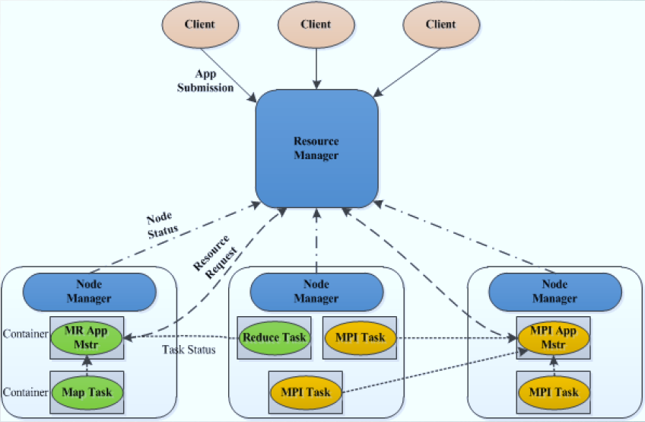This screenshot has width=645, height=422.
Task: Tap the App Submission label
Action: pyautogui.click(x=205, y=81)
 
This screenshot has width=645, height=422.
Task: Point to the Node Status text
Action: pyautogui.click(x=163, y=223)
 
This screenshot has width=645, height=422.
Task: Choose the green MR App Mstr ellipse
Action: pyautogui.click(x=87, y=335)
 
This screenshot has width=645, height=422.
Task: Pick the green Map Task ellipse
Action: pyautogui.click(x=87, y=392)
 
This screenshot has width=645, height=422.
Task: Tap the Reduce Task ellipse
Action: pyautogui.click(x=274, y=337)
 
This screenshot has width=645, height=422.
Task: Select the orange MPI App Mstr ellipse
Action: pyautogui.click(x=553, y=337)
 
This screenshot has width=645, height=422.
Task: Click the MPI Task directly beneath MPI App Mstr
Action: pyautogui.click(x=553, y=392)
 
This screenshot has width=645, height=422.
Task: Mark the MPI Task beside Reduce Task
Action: pyautogui.click(x=360, y=337)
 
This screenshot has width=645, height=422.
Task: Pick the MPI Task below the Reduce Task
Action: pyautogui.click(x=307, y=392)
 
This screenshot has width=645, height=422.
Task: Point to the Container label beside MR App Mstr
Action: pyautogui.click(x=26, y=334)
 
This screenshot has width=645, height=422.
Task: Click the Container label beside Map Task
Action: pyautogui.click(x=26, y=392)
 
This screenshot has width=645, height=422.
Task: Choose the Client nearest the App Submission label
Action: pyautogui.click(x=200, y=24)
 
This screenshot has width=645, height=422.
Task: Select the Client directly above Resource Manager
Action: pyautogui.click(x=316, y=24)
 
